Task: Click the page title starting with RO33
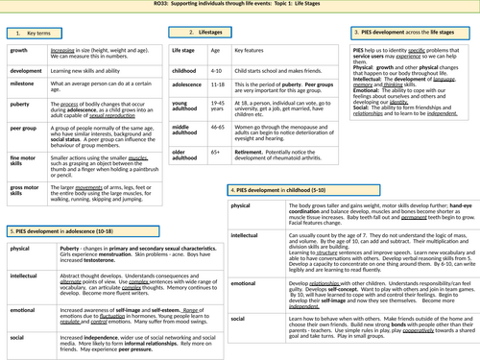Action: pyautogui.click(x=240, y=5)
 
